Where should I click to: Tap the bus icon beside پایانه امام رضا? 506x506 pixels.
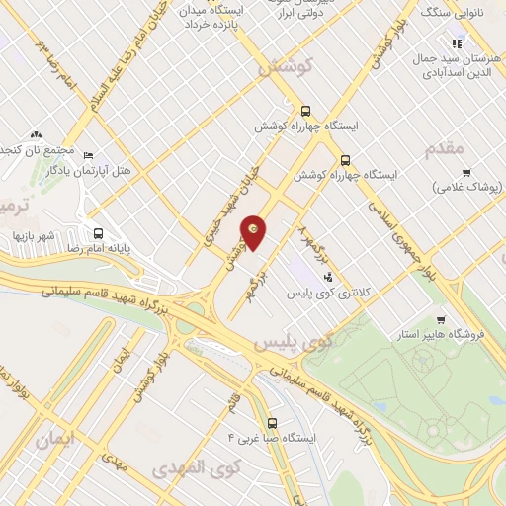pos(97,234)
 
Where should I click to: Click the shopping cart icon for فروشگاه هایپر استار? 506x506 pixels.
pos(440,319)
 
